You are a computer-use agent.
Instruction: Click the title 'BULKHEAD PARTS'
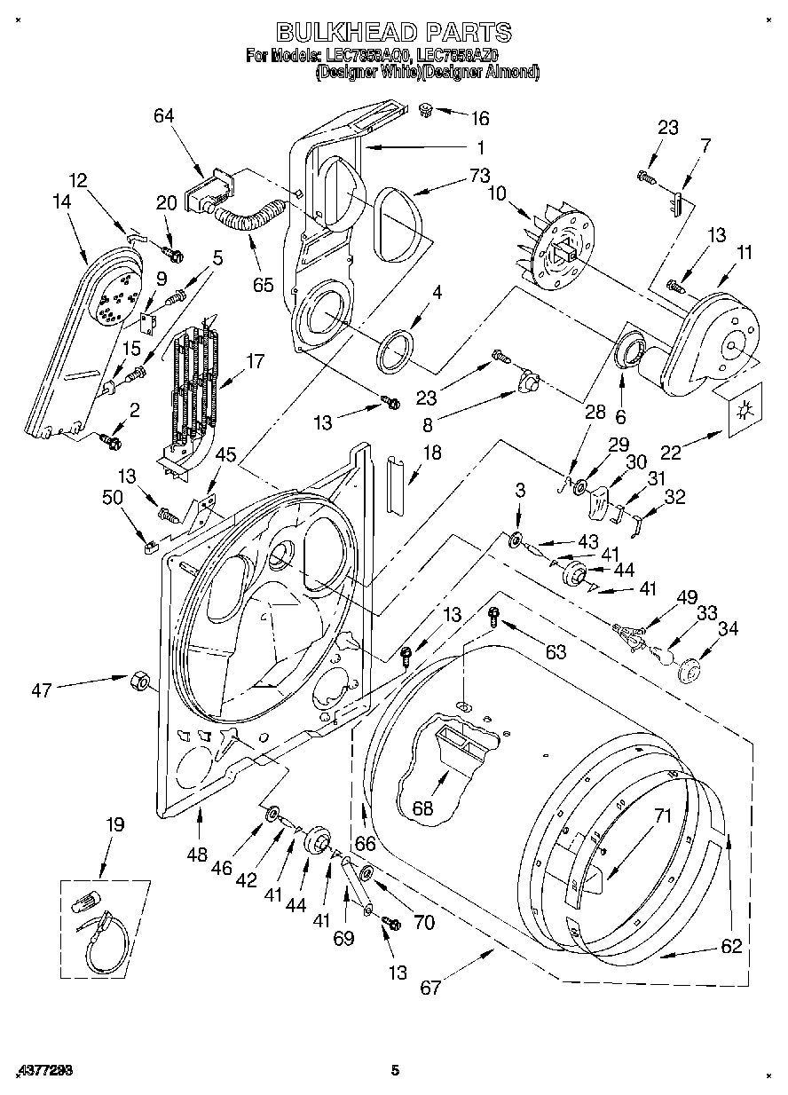(394, 33)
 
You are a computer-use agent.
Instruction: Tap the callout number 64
(163, 116)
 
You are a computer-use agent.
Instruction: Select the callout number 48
(197, 855)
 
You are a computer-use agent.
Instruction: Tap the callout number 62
(730, 947)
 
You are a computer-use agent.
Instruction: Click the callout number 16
(479, 119)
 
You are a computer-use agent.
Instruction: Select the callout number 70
(424, 923)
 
